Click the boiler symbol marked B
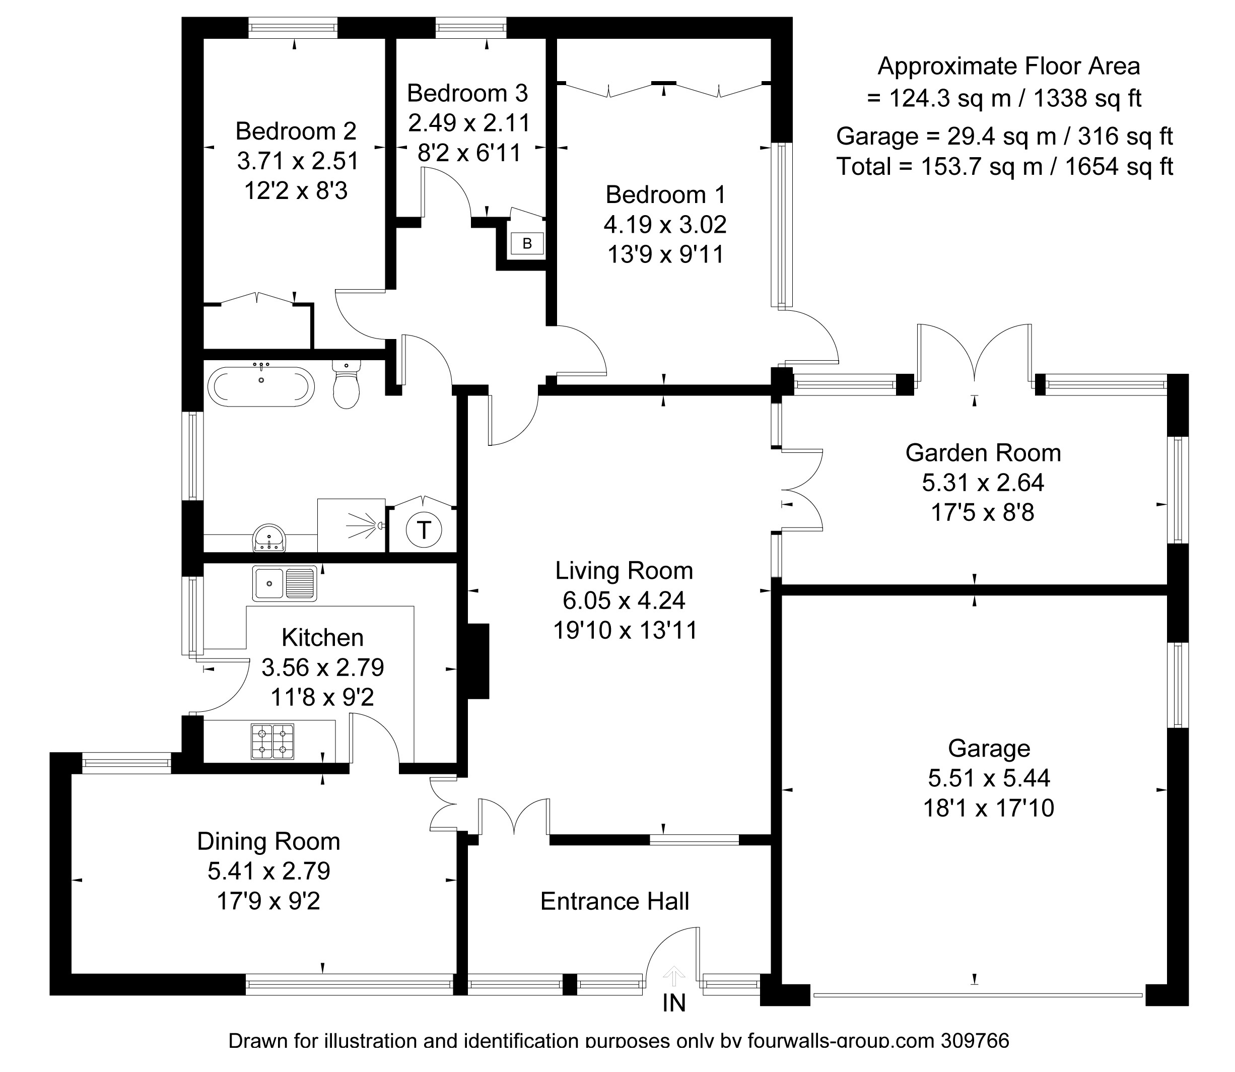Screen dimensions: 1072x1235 tap(527, 243)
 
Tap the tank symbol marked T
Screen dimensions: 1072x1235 tap(424, 529)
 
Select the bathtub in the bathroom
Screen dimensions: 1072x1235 tap(261, 387)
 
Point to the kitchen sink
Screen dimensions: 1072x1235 tap(284, 583)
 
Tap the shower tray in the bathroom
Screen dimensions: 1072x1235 tap(351, 525)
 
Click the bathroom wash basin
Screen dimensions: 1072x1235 tap(270, 538)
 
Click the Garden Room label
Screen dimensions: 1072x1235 tap(983, 453)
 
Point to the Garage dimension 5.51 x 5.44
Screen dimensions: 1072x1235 tap(989, 778)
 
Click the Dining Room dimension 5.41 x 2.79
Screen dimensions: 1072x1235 tap(268, 871)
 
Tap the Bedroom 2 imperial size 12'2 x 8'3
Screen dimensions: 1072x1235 tap(296, 191)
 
